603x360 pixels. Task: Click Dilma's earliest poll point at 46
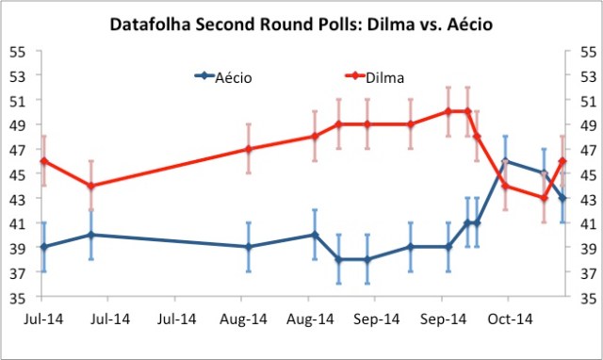coord(43,161)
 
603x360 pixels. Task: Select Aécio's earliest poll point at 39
coord(43,248)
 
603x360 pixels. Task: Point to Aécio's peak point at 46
coord(505,161)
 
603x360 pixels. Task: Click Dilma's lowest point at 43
coord(544,198)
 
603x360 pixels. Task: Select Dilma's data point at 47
coord(248,149)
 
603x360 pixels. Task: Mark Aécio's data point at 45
coord(544,173)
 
